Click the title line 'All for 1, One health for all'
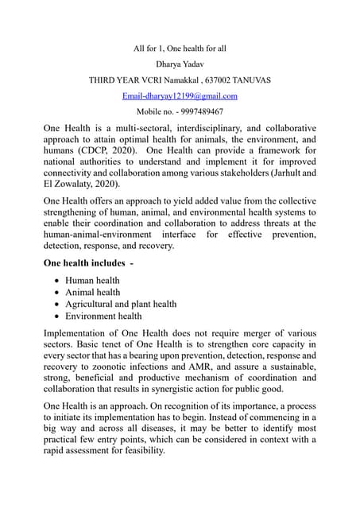tap(180, 49)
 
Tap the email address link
tap(180, 95)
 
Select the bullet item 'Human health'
tap(92, 280)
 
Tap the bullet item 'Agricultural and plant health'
tap(121, 304)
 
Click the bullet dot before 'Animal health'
tap(56, 293)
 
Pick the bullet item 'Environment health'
tap(103, 316)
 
